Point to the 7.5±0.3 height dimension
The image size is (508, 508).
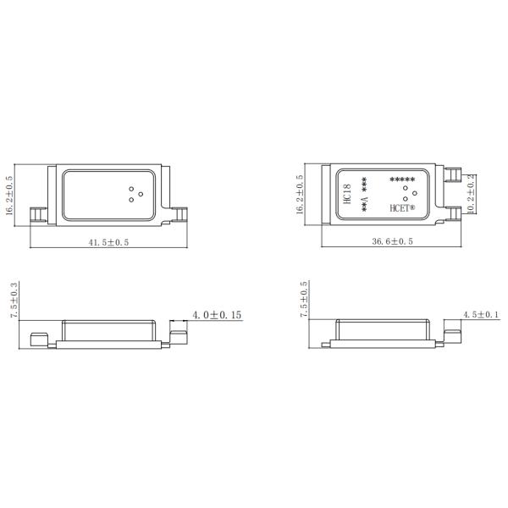pos(13,301)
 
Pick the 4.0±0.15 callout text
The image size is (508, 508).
pos(217,314)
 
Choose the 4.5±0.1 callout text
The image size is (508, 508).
pos(481,314)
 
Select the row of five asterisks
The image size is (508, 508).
pos(401,179)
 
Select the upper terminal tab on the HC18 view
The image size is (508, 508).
pos(453,176)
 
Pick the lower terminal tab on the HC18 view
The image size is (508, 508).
pos(453,213)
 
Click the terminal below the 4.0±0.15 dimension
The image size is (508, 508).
pos(179,336)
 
